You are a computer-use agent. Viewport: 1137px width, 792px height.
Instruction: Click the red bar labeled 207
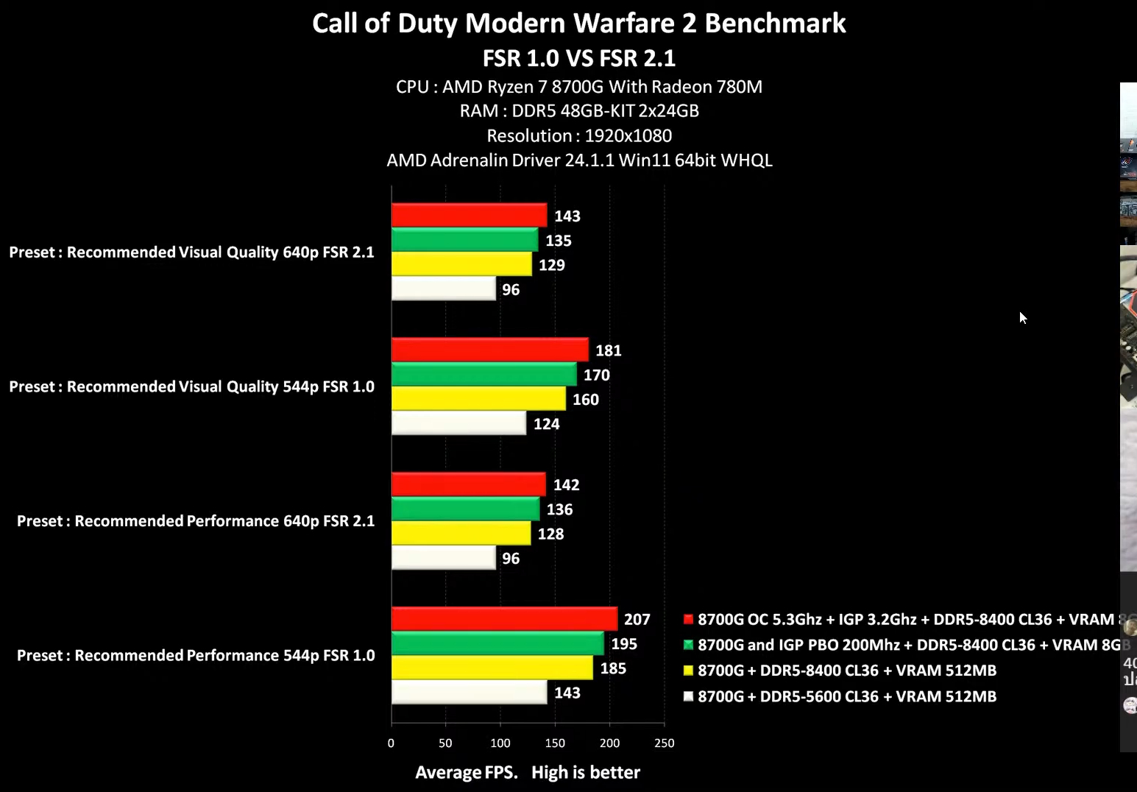coord(504,619)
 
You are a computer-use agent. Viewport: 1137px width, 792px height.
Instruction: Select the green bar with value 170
coord(484,375)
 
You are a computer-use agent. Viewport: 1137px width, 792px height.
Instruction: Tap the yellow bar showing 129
coord(461,264)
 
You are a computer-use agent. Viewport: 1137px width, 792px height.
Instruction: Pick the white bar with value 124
coord(458,423)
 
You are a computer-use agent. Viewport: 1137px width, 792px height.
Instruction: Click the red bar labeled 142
coord(468,484)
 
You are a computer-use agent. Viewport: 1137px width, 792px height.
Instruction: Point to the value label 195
coord(624,644)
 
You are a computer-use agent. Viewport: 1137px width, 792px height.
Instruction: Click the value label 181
coord(609,350)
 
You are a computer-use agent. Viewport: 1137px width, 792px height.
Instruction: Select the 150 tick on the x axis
coord(555,743)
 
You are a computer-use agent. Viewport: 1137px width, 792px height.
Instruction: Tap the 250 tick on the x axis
coord(664,743)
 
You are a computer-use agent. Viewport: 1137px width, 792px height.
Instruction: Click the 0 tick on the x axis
coord(391,743)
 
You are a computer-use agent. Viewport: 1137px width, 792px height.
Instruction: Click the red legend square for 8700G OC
coord(689,619)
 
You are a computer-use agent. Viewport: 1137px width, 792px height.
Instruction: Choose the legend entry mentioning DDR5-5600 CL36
coord(846,696)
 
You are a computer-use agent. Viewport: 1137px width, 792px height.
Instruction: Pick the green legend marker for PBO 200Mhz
coord(689,645)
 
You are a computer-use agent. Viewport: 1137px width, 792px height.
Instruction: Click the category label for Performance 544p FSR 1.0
coord(196,655)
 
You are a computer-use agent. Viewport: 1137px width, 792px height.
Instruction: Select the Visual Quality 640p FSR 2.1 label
coord(191,252)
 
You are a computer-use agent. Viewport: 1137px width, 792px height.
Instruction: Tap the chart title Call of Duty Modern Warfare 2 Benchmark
coord(578,24)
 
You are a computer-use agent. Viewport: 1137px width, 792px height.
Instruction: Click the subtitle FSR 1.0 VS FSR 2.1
coord(578,58)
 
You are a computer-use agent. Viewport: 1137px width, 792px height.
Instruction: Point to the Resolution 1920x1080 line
coord(578,136)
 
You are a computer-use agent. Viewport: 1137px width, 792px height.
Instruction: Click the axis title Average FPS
coord(466,772)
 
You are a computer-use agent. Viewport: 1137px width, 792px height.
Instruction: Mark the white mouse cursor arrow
coord(1022,317)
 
